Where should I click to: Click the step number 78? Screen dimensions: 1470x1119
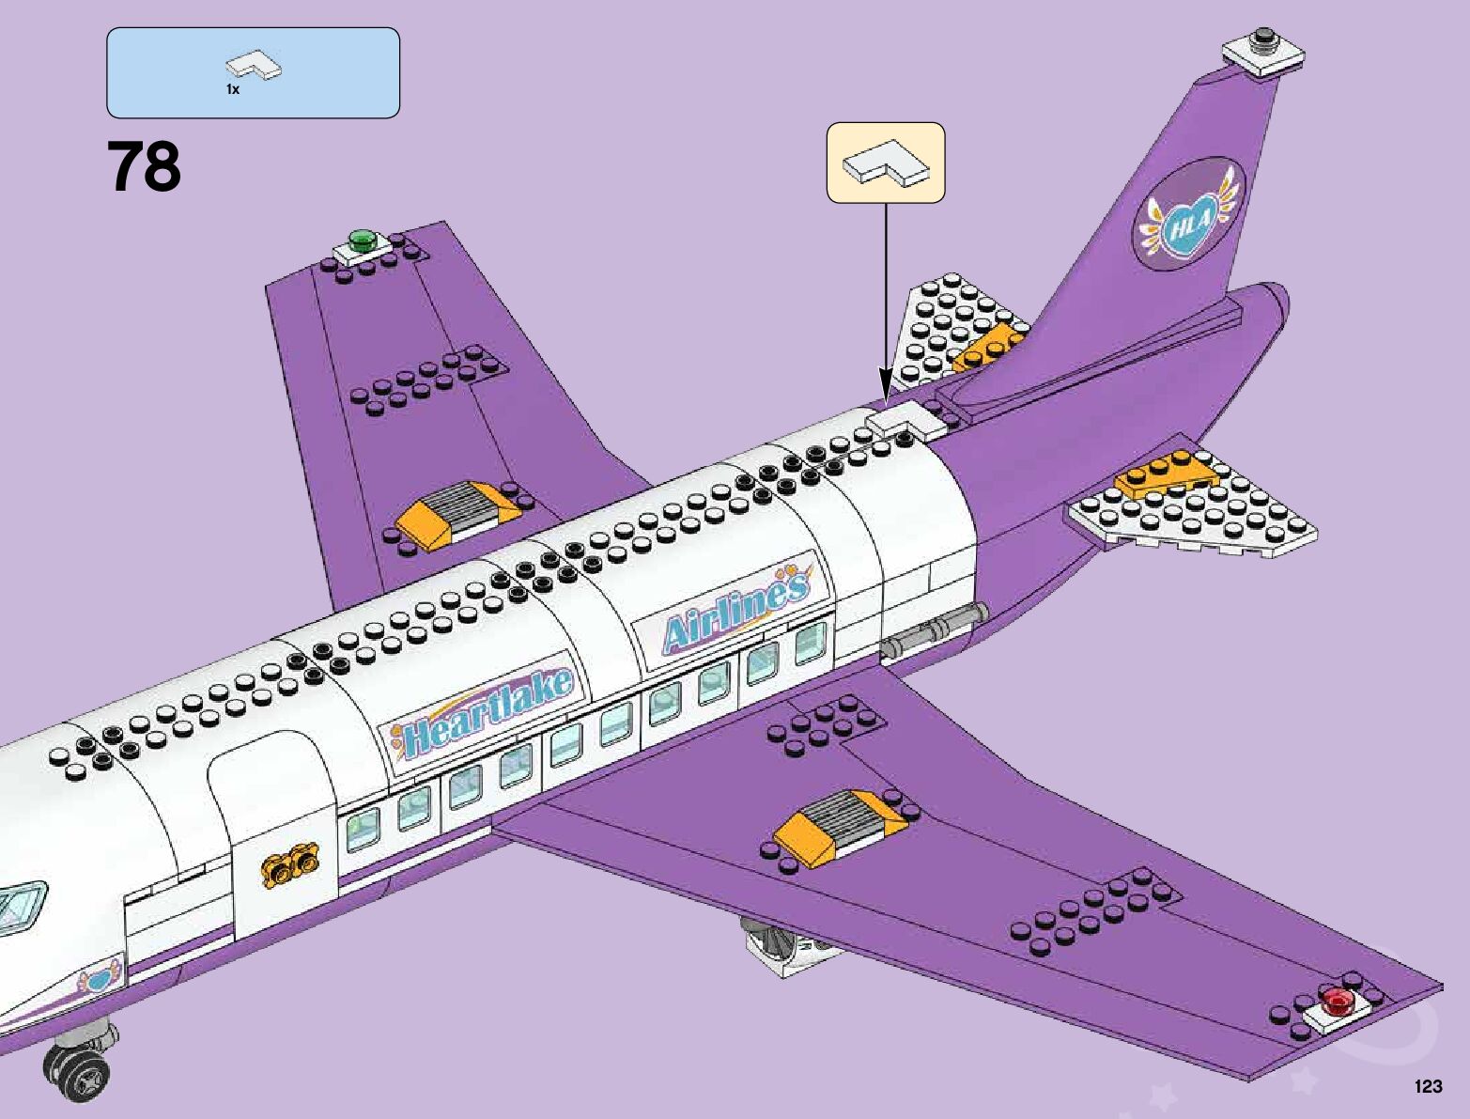coord(144,167)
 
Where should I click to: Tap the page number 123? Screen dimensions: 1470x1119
coord(1427,1086)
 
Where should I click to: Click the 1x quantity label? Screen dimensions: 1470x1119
coord(232,89)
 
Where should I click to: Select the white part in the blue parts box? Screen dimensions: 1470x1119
coord(255,67)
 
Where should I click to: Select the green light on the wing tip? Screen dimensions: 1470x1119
coord(361,241)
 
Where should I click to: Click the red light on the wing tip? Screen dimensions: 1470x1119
coord(1337,1002)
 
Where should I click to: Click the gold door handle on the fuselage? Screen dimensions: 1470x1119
coord(291,863)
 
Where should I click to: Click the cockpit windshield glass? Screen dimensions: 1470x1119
coord(21,904)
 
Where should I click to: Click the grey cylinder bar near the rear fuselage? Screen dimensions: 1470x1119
coord(934,631)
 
